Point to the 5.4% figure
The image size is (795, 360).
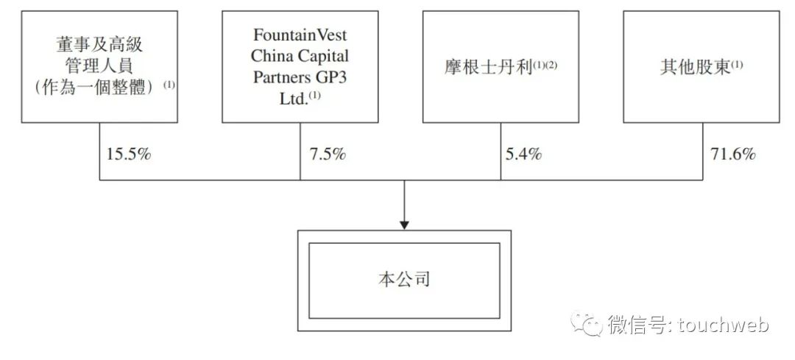523,155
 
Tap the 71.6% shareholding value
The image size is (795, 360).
732,155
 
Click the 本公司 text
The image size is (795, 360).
404,280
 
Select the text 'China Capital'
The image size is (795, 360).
300,56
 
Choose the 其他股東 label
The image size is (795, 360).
695,67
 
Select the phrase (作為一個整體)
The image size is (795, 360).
93,86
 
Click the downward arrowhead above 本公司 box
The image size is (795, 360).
404,224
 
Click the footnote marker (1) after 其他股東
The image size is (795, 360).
737,63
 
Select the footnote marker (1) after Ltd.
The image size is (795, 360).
315,94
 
